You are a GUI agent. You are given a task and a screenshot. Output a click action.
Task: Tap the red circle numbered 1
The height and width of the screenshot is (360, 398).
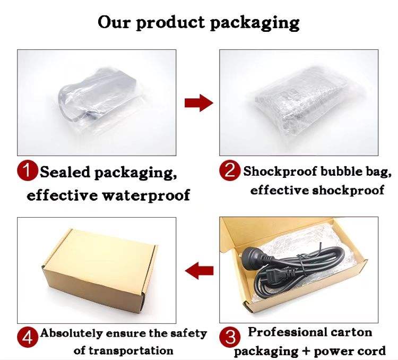click(28, 172)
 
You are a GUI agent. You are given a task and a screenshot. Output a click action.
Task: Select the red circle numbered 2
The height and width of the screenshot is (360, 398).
click(230, 171)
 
